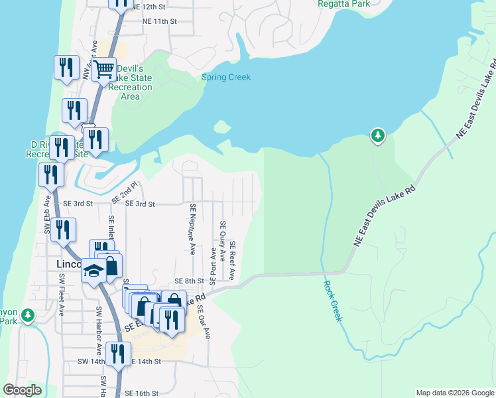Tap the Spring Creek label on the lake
tap(226, 77)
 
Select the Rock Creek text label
tap(332, 300)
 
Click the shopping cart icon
tap(103, 68)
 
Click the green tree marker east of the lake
tap(377, 135)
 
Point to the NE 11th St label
tap(160, 21)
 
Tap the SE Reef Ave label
tap(233, 261)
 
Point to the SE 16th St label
tap(141, 393)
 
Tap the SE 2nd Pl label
tap(124, 192)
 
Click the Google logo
tap(22, 390)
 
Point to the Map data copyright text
tap(454, 393)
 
